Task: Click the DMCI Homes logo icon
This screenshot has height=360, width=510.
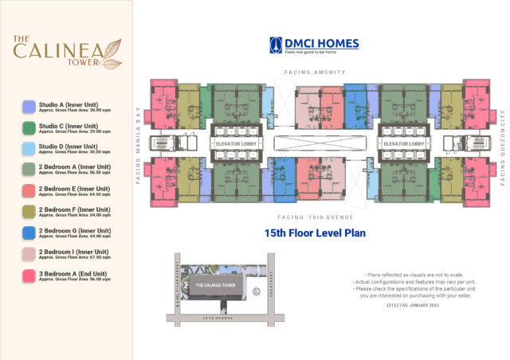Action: pos(276,45)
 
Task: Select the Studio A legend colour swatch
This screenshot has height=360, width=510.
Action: pos(29,106)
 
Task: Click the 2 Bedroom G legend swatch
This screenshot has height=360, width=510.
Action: pos(29,233)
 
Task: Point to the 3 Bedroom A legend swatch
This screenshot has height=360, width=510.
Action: pos(29,275)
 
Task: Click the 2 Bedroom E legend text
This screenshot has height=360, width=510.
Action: pos(68,190)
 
